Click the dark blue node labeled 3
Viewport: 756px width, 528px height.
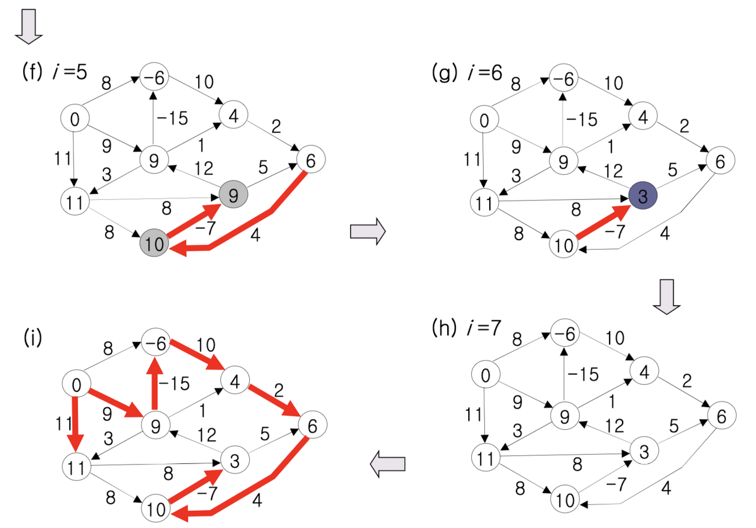coord(642,196)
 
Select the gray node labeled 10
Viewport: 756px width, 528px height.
coord(154,244)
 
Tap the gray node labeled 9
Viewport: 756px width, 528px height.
coord(233,195)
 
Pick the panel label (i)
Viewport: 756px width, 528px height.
coord(32,337)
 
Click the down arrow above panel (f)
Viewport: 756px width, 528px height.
coord(28,27)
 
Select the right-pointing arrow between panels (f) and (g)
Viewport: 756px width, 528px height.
coord(368,232)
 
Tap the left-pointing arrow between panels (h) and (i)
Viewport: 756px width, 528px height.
coord(388,464)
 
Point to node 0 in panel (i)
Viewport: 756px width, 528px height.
coord(76,385)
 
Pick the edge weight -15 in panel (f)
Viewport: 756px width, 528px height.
coord(173,118)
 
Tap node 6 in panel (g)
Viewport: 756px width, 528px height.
coord(720,161)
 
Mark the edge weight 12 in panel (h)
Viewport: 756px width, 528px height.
coord(615,425)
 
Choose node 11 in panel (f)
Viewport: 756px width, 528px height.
coord(74,202)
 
